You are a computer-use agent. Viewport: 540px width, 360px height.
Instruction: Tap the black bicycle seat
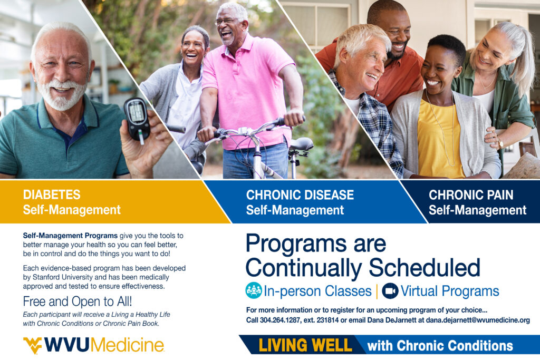pos(301,143)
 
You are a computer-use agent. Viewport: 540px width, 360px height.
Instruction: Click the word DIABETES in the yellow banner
pos(52,195)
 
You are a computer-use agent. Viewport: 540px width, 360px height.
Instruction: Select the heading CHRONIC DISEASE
pos(300,195)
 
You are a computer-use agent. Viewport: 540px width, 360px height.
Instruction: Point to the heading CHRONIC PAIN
pos(471,195)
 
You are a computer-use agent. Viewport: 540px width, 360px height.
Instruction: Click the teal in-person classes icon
pos(254,290)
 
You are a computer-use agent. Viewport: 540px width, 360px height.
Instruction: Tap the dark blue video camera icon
pos(390,291)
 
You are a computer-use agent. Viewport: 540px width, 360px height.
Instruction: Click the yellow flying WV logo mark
pos(33,345)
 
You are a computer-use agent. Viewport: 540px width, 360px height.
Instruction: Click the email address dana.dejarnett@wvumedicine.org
pos(478,320)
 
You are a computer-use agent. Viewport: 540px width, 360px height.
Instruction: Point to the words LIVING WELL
pos(305,345)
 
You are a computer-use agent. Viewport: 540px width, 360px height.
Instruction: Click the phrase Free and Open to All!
pos(78,301)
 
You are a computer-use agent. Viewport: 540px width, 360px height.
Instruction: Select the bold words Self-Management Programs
pos(70,236)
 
